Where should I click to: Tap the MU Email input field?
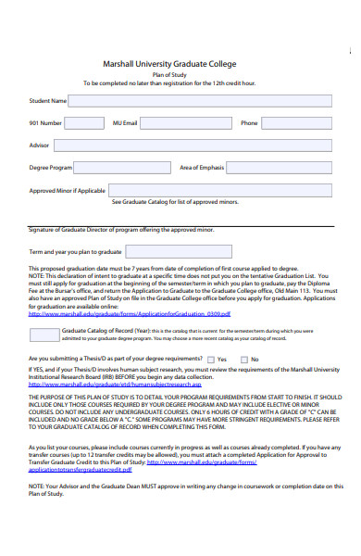183,122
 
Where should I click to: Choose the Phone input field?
299,122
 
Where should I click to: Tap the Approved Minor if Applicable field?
221,190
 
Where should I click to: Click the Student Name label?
48,101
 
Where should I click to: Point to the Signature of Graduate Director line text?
120,228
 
